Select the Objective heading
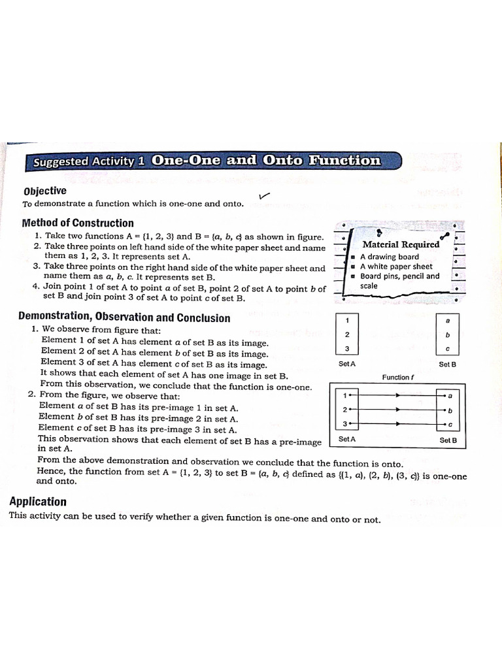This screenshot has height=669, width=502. (x=44, y=191)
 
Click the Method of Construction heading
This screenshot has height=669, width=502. (x=77, y=223)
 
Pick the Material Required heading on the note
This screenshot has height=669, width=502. (x=401, y=244)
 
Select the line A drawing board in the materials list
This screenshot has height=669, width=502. (x=390, y=257)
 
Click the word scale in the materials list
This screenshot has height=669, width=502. (x=369, y=286)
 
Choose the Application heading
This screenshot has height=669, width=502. (x=37, y=502)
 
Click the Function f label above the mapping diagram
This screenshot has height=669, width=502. (x=399, y=377)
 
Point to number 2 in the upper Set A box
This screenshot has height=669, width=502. (x=347, y=334)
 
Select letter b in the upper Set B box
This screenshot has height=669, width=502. (x=448, y=334)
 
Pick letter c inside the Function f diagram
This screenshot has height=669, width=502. (x=450, y=425)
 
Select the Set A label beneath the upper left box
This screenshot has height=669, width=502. (x=347, y=364)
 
